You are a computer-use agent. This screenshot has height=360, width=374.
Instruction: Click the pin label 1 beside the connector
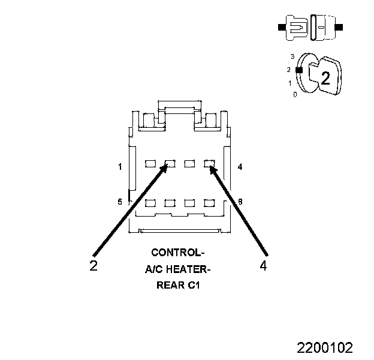click(x=120, y=167)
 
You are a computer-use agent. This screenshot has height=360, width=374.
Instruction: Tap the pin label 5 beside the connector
click(x=120, y=202)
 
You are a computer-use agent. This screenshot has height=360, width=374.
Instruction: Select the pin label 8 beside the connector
click(x=240, y=202)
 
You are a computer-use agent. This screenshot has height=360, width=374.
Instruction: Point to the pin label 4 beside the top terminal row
click(x=240, y=167)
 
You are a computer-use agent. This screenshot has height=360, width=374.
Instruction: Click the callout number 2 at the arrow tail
click(x=93, y=266)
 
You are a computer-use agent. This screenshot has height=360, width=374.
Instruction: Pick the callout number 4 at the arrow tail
click(x=264, y=266)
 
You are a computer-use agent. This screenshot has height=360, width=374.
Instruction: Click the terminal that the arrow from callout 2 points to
click(x=170, y=163)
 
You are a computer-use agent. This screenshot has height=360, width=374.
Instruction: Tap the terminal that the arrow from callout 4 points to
click(x=209, y=163)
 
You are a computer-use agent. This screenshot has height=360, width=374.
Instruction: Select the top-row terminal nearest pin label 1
click(x=150, y=163)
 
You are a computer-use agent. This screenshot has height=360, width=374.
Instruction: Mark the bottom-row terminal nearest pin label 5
click(x=150, y=203)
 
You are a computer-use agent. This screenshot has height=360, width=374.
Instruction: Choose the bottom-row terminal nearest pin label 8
click(x=209, y=203)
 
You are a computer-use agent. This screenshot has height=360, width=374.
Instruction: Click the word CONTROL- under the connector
click(x=178, y=252)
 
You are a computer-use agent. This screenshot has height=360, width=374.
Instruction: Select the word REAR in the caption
click(x=168, y=286)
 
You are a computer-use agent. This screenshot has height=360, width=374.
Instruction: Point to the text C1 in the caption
click(x=194, y=286)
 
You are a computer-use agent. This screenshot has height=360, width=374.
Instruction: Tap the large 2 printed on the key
click(x=325, y=77)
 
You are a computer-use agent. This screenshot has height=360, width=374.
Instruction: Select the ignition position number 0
click(x=294, y=95)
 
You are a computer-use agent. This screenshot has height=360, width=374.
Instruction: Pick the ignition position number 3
click(x=292, y=56)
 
